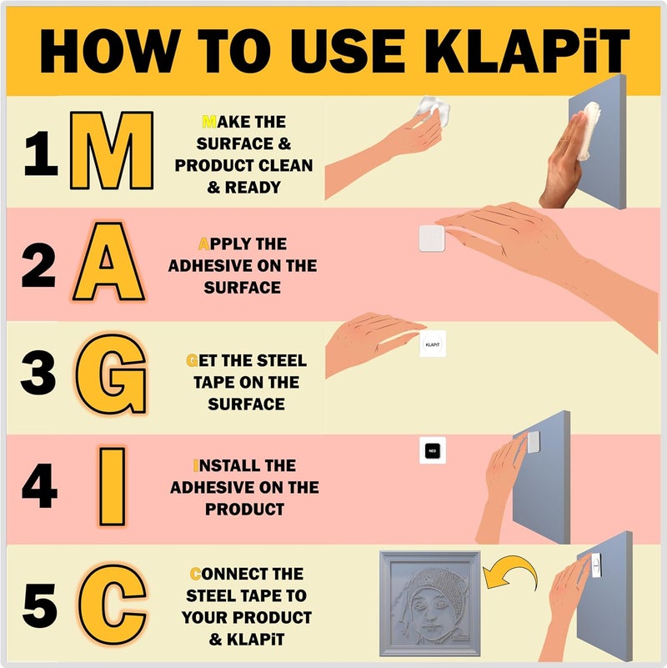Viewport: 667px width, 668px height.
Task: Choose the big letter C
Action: (x=112, y=600)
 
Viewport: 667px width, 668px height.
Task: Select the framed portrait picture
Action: (x=430, y=603)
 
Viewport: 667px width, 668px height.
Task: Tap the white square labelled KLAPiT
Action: (x=432, y=344)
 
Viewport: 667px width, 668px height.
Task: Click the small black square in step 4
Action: (x=432, y=450)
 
